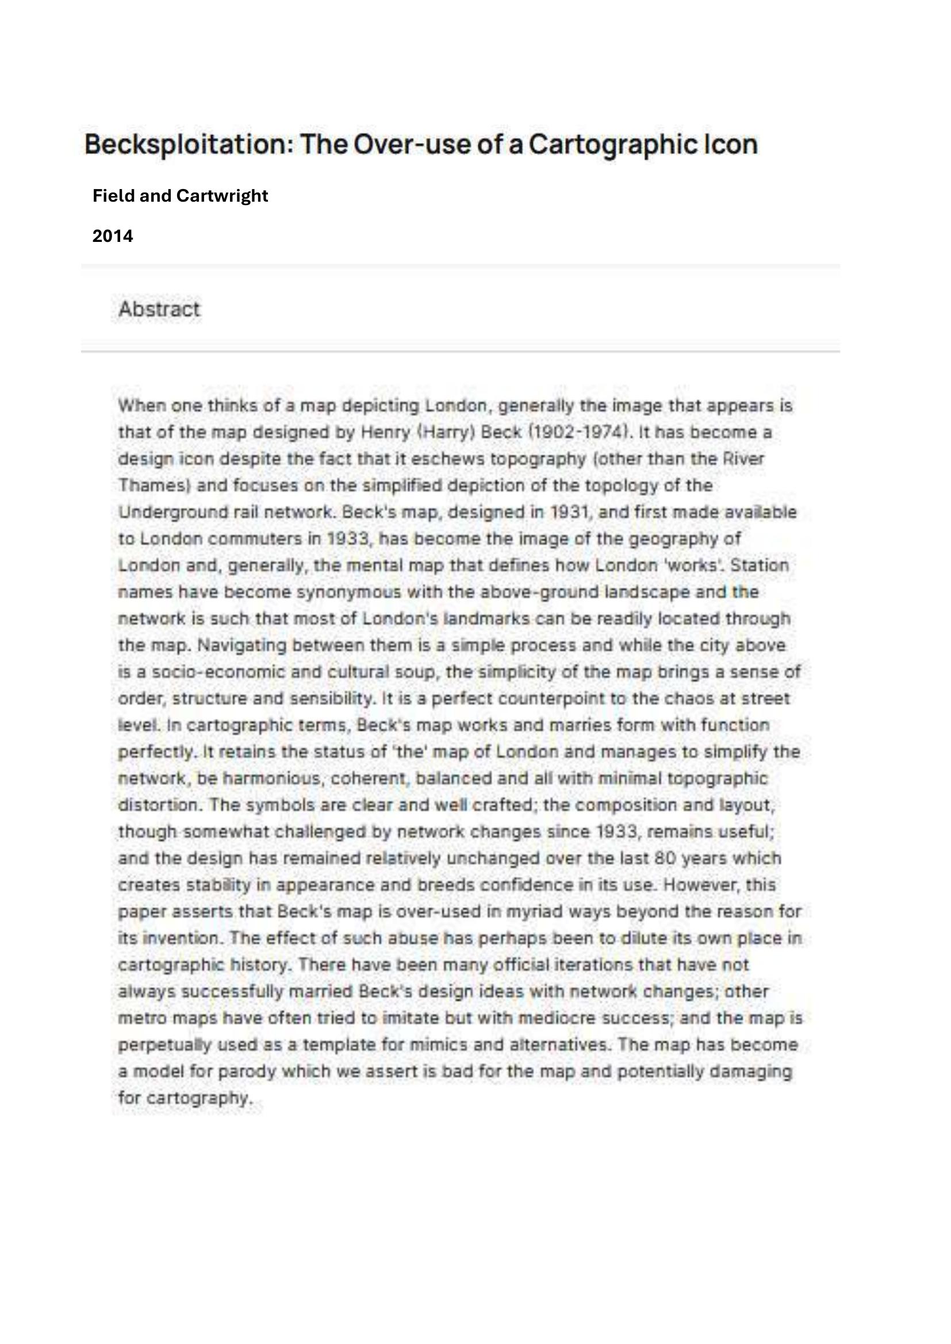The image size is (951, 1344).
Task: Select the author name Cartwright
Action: pyautogui.click(x=222, y=195)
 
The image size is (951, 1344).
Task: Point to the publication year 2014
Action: pyautogui.click(x=113, y=236)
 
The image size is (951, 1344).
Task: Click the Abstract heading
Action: pyautogui.click(x=159, y=309)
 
